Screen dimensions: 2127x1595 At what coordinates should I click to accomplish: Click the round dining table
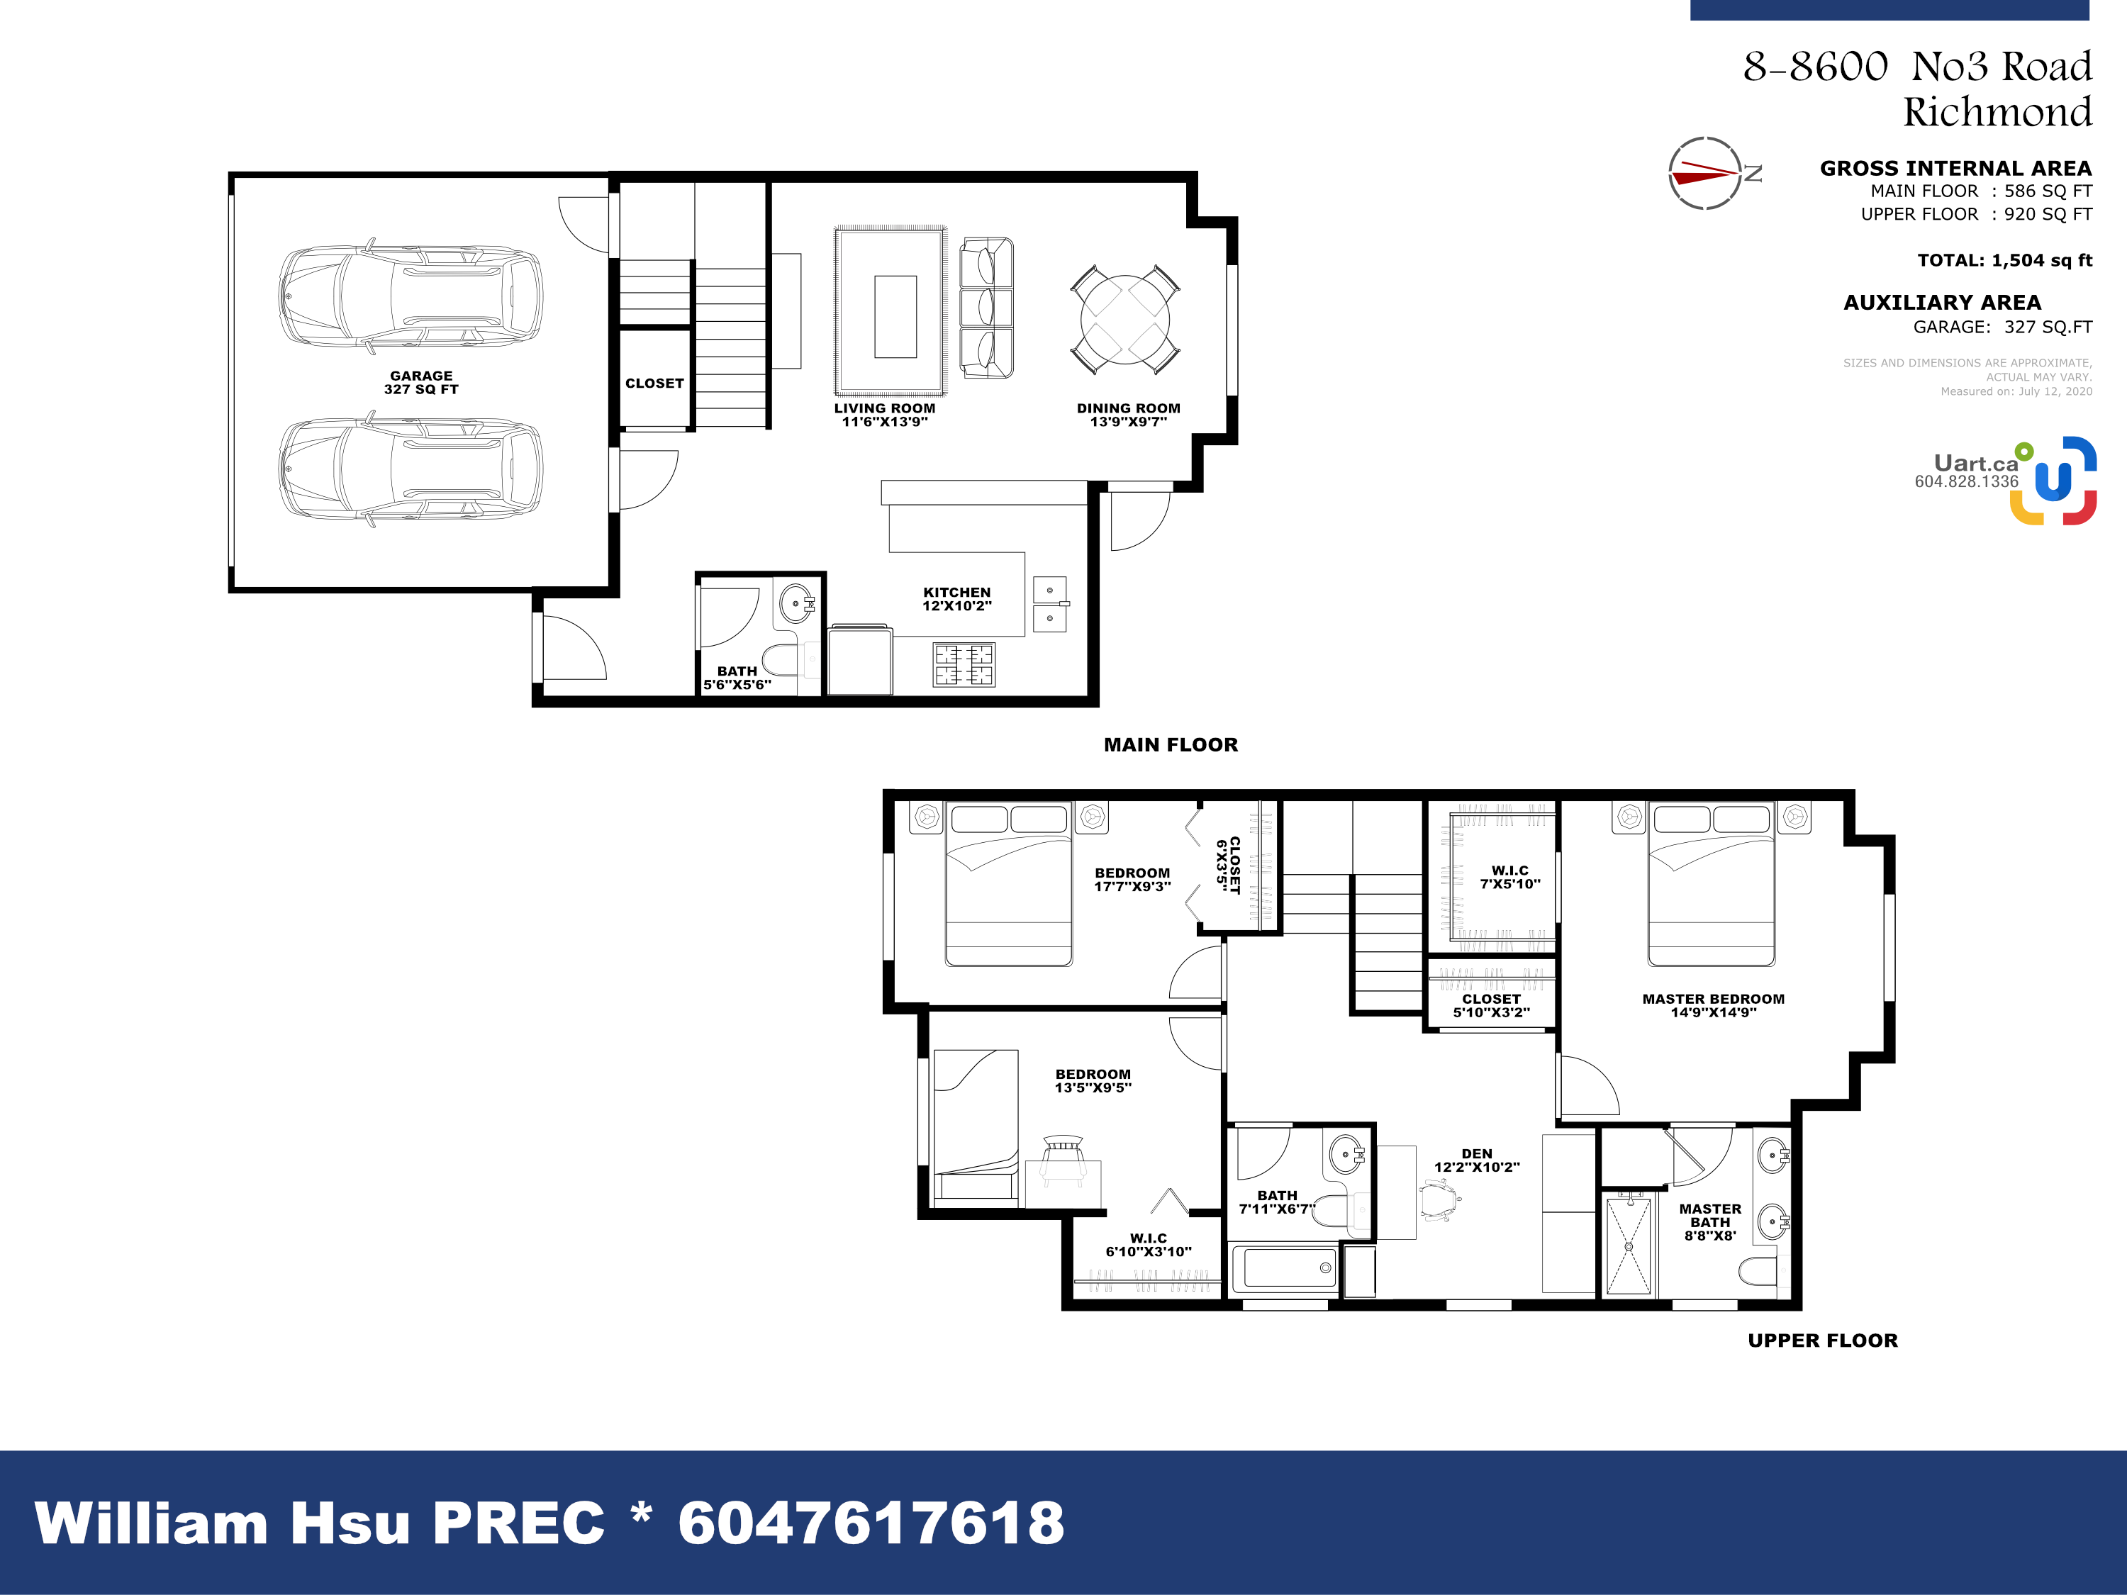1125,319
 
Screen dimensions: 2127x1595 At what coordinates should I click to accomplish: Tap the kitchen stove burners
964,664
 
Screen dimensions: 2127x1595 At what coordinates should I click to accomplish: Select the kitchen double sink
1050,604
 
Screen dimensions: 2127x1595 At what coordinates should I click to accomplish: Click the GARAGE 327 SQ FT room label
421,383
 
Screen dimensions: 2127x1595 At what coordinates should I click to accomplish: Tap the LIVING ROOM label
885,408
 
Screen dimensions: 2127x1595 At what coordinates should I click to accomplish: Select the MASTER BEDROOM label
1714,999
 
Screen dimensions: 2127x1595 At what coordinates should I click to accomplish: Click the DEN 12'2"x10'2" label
1477,1160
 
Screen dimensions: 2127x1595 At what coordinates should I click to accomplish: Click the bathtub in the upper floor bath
1285,1268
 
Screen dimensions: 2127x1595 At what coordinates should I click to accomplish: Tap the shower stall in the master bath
1629,1245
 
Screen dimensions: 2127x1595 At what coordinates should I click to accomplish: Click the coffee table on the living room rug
895,316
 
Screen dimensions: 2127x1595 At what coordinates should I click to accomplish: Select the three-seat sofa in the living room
987,307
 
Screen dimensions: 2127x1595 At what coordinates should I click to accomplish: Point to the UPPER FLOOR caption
1823,1341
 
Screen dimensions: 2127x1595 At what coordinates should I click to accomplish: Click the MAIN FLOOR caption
1171,744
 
